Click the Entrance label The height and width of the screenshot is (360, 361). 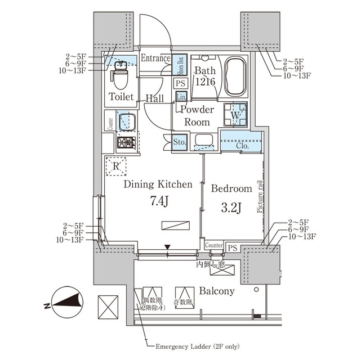pos(155,58)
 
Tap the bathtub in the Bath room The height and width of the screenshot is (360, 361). pos(235,77)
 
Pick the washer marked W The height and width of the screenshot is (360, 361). pos(235,115)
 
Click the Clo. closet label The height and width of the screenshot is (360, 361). pos(242,146)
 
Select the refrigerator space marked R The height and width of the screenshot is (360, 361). pos(116,166)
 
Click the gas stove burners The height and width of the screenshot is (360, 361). pos(127,143)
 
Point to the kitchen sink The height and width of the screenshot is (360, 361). pos(126,121)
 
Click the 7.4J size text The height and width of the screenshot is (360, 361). pos(159,200)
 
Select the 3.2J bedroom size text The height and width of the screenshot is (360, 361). pos(231,208)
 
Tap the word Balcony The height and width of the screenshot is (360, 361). pos(217,291)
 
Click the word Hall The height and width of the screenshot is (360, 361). pos(154,98)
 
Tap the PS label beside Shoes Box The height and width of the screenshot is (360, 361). pos(180,83)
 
